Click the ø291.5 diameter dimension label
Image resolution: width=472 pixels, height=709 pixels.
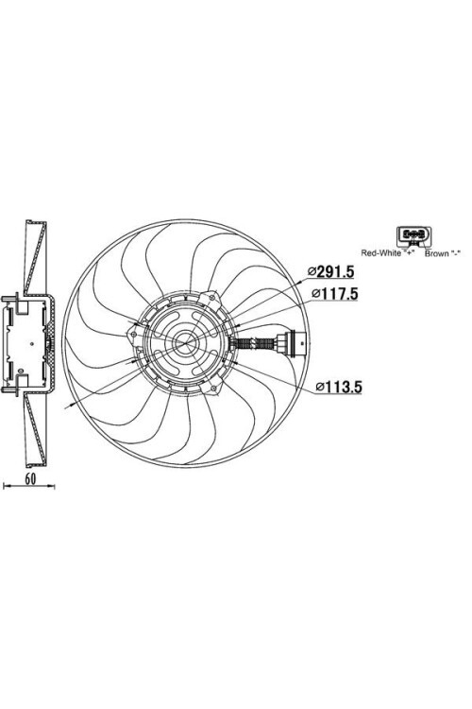tap(331, 271)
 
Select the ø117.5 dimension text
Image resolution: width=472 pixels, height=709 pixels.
tap(335, 294)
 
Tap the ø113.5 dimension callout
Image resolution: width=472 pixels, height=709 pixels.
tap(339, 387)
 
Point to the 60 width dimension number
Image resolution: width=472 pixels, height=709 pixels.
tap(30, 479)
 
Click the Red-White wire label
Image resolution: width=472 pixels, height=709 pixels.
tap(380, 253)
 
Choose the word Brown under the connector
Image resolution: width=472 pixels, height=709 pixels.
tap(437, 253)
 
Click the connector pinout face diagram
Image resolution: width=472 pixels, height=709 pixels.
tap(413, 235)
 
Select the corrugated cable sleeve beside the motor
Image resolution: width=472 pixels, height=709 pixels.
tap(256, 344)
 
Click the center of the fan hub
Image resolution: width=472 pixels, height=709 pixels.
tap(185, 343)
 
